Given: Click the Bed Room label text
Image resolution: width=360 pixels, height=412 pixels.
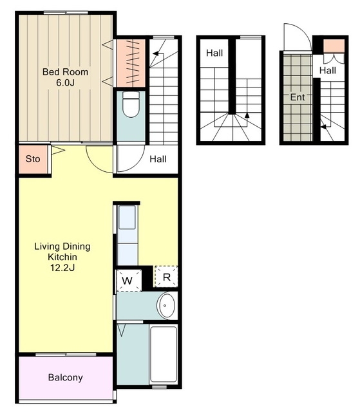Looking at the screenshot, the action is click(x=65, y=72).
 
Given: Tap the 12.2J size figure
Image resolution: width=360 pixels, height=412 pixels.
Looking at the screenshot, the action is click(x=62, y=268).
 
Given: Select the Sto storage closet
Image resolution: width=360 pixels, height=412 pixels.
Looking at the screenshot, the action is click(x=33, y=159).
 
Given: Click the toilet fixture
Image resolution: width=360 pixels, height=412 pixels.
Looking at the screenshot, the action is click(x=131, y=104).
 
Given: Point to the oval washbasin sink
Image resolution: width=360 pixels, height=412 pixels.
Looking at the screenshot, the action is click(x=166, y=305).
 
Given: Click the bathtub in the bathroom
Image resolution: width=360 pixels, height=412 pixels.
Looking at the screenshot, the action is click(x=163, y=354).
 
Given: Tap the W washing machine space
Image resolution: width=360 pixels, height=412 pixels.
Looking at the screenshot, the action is click(x=129, y=281).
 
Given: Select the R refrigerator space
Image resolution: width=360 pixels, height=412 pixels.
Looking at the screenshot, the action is click(x=166, y=277).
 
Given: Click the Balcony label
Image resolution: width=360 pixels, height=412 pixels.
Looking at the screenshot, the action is click(x=66, y=377).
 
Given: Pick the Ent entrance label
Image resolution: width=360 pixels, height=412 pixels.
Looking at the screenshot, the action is click(x=298, y=97).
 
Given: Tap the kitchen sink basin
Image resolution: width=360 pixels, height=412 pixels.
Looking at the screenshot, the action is click(x=127, y=217).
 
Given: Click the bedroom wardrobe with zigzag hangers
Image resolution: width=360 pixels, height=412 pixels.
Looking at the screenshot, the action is click(x=131, y=63).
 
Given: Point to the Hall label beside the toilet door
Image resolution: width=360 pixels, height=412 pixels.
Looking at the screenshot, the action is click(x=158, y=159).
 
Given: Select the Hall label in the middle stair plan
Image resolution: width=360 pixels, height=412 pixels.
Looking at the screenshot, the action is click(x=214, y=53).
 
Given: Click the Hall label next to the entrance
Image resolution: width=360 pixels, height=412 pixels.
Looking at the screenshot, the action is click(x=328, y=70).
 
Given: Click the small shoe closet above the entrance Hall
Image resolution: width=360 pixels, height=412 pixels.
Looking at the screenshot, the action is click(x=334, y=46).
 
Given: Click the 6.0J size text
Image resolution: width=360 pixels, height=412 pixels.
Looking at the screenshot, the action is click(x=65, y=83).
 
